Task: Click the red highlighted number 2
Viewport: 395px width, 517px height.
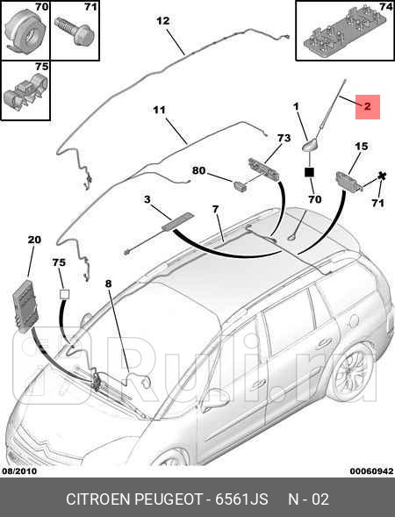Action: [367, 106]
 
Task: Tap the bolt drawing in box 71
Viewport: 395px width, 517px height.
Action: [75, 31]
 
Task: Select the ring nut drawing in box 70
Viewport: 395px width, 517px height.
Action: [25, 32]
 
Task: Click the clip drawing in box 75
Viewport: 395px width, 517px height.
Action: [25, 92]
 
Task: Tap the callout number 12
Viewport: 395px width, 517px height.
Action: [163, 21]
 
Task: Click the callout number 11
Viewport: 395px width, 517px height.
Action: [159, 110]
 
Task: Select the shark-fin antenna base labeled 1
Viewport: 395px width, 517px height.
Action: [310, 145]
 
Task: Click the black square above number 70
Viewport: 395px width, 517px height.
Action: [310, 172]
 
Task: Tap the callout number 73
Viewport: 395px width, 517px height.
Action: [284, 138]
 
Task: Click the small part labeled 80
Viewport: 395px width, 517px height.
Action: [240, 185]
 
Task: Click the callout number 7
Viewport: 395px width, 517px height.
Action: [215, 209]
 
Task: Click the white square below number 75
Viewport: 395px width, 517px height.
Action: [64, 294]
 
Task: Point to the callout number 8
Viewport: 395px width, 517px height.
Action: [109, 284]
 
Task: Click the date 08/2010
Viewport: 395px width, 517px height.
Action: [20, 471]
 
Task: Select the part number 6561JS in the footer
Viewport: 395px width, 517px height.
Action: [241, 499]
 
